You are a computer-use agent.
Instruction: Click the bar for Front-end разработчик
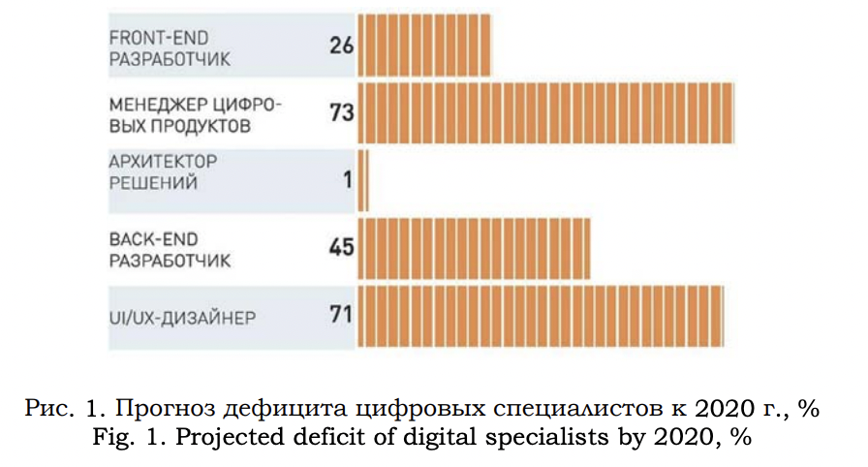pyautogui.click(x=424, y=45)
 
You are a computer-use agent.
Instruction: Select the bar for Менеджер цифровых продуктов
pyautogui.click(x=545, y=113)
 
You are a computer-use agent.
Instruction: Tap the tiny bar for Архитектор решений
pyautogui.click(x=363, y=180)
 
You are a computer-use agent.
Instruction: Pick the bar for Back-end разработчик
pyautogui.click(x=475, y=248)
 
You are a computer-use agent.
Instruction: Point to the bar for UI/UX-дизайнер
pyautogui.click(x=541, y=316)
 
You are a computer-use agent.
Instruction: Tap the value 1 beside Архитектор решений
pyautogui.click(x=348, y=180)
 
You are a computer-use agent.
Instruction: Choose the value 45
pyautogui.click(x=341, y=248)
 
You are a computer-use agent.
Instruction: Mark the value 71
pyautogui.click(x=341, y=316)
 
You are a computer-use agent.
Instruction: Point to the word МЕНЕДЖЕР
pyautogui.click(x=147, y=105)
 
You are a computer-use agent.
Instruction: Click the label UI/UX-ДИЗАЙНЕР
pyautogui.click(x=183, y=317)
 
